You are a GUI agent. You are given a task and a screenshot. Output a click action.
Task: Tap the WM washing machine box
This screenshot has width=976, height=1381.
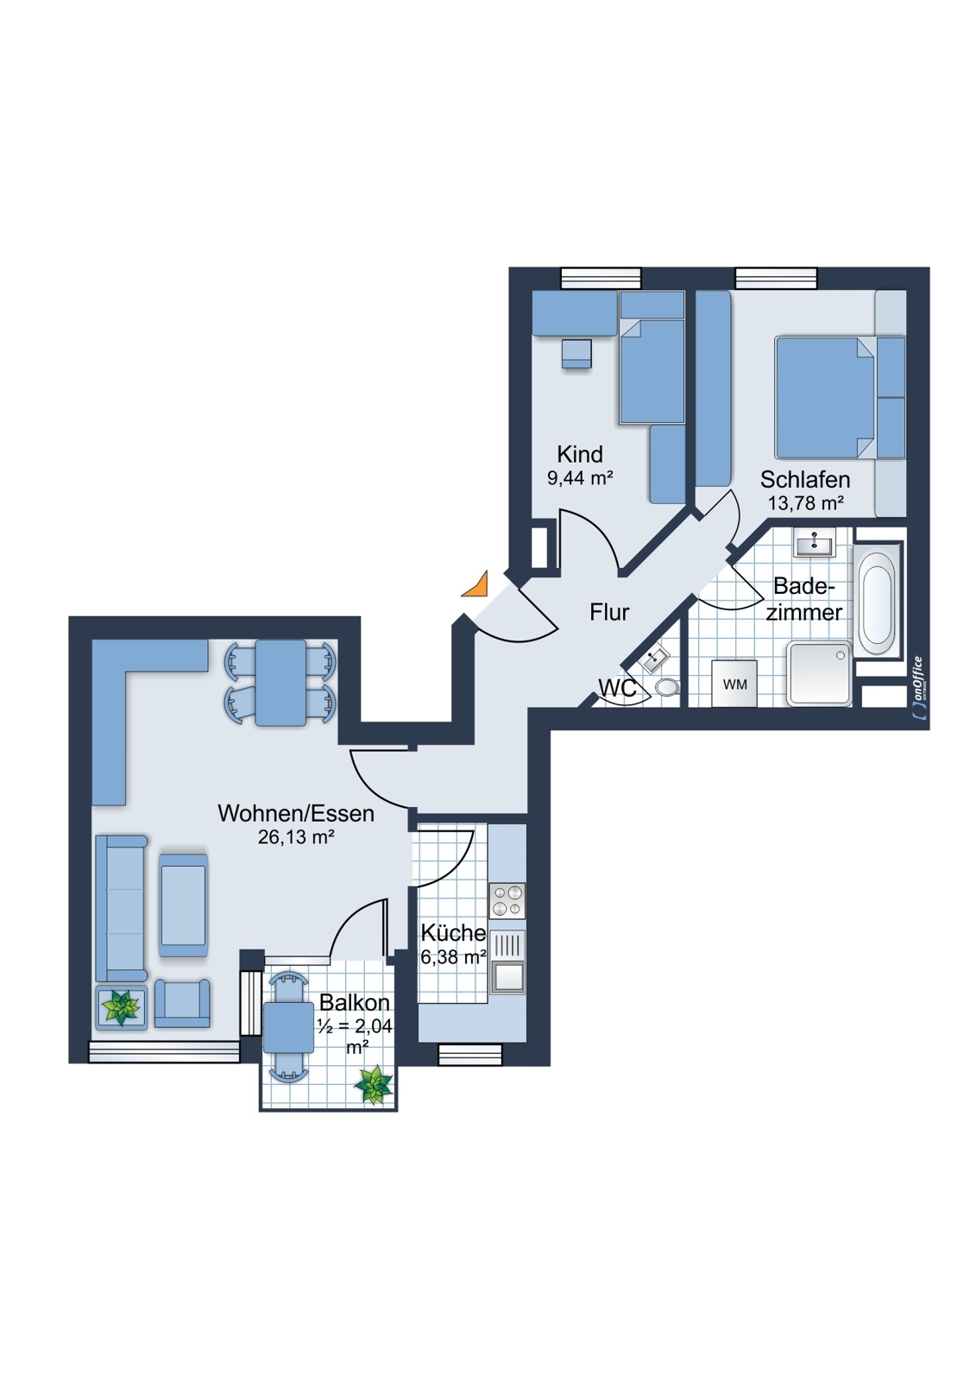(734, 684)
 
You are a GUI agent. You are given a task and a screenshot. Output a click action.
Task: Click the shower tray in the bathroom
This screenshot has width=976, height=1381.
(820, 674)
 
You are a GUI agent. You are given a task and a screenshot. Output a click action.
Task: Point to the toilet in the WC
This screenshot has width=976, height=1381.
(666, 686)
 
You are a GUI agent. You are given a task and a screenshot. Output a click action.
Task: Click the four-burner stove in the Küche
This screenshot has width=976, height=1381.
(507, 900)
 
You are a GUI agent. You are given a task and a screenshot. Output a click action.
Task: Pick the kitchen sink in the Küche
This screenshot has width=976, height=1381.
(507, 962)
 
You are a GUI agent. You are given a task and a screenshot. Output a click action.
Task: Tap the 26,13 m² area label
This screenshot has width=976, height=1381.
(296, 836)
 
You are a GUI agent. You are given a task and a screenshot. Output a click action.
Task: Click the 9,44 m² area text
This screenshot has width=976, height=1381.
(580, 477)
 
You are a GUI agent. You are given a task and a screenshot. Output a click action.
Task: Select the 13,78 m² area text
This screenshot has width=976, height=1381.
(805, 503)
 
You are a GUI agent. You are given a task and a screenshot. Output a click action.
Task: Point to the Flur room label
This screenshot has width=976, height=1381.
(609, 612)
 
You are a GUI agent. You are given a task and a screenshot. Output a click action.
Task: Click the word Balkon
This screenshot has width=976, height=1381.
(355, 1002)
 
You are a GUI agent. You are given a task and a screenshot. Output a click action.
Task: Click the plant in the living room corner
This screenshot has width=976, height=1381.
(121, 1007)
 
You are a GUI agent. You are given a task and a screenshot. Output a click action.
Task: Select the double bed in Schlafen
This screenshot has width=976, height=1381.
(825, 397)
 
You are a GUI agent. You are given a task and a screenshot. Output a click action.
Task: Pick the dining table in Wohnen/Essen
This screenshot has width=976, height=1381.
(280, 683)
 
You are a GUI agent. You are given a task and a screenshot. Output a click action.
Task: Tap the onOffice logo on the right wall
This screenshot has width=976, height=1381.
(918, 688)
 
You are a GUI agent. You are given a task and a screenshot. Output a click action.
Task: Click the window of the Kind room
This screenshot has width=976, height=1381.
(601, 278)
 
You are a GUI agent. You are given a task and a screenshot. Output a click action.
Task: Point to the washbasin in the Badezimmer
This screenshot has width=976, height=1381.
(814, 545)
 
